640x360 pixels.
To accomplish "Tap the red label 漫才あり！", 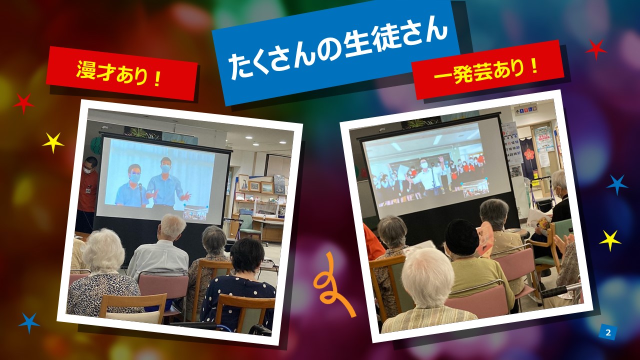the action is [x=122, y=73].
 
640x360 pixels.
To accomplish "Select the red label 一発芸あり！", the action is [x=488, y=70].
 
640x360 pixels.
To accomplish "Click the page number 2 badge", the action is [x=608, y=332].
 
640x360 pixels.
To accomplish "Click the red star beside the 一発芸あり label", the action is [x=596, y=49].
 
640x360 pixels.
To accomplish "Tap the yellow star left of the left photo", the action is [x=53, y=142].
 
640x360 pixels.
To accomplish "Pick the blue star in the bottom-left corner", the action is [x=29, y=323].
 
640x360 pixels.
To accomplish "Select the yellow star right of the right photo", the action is [x=610, y=240].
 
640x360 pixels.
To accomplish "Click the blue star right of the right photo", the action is [x=616, y=184].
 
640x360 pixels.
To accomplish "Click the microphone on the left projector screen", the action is [x=140, y=193].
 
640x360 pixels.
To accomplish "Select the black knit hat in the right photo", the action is [x=461, y=237].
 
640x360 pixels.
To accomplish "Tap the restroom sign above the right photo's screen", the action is [x=525, y=109].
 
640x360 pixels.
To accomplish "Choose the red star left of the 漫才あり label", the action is [x=23, y=103].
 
